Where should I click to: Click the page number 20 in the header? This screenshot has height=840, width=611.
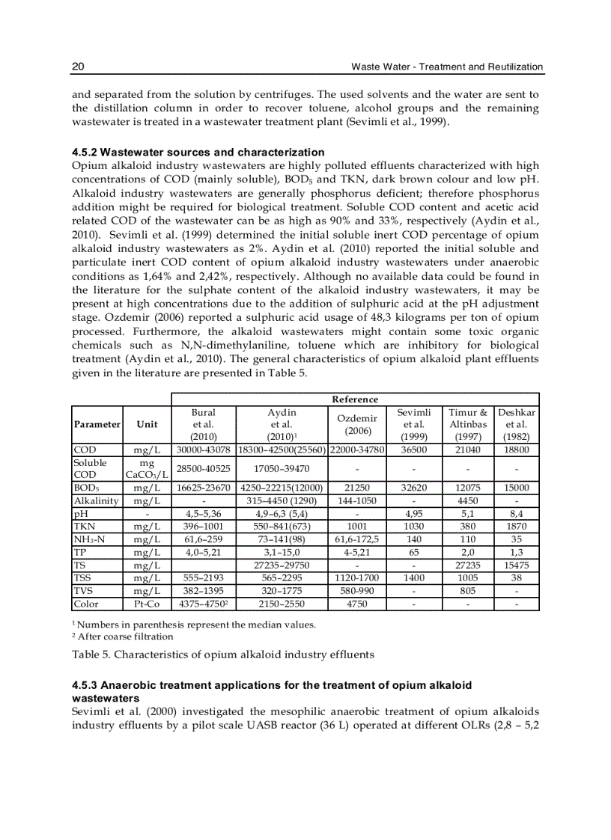77,67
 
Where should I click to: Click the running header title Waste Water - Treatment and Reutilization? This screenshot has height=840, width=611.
447,67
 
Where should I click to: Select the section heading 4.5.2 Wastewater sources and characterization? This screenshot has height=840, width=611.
198,153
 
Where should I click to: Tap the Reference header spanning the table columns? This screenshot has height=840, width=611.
355,399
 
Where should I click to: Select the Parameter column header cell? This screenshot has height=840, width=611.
97,424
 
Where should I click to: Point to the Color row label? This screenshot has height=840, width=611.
86,604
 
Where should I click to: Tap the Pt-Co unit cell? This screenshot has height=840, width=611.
147,604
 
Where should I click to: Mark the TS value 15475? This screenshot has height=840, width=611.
517,565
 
